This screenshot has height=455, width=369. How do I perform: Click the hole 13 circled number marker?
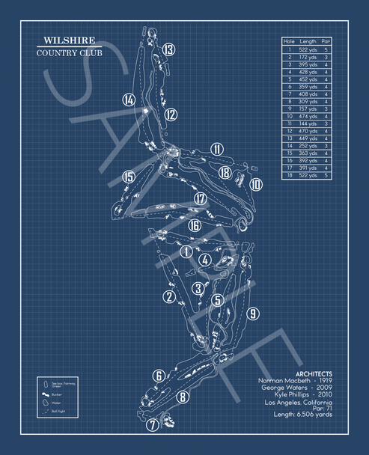pos(169,50)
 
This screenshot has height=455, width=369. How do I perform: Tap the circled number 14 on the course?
pos(129,100)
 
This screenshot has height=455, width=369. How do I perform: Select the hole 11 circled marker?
pos(217,149)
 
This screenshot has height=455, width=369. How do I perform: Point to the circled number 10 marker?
pos(256,184)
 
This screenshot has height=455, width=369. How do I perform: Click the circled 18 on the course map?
pos(225,172)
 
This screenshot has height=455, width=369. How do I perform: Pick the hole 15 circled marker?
pos(129,177)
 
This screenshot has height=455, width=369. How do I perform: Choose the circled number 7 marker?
pos(152,425)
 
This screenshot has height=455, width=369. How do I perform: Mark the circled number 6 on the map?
pos(159,376)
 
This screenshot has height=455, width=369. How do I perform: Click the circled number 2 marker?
pos(170,297)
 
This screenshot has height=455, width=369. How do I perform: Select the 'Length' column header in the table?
pos(308,41)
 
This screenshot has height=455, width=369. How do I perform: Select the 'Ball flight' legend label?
pos(60,410)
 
